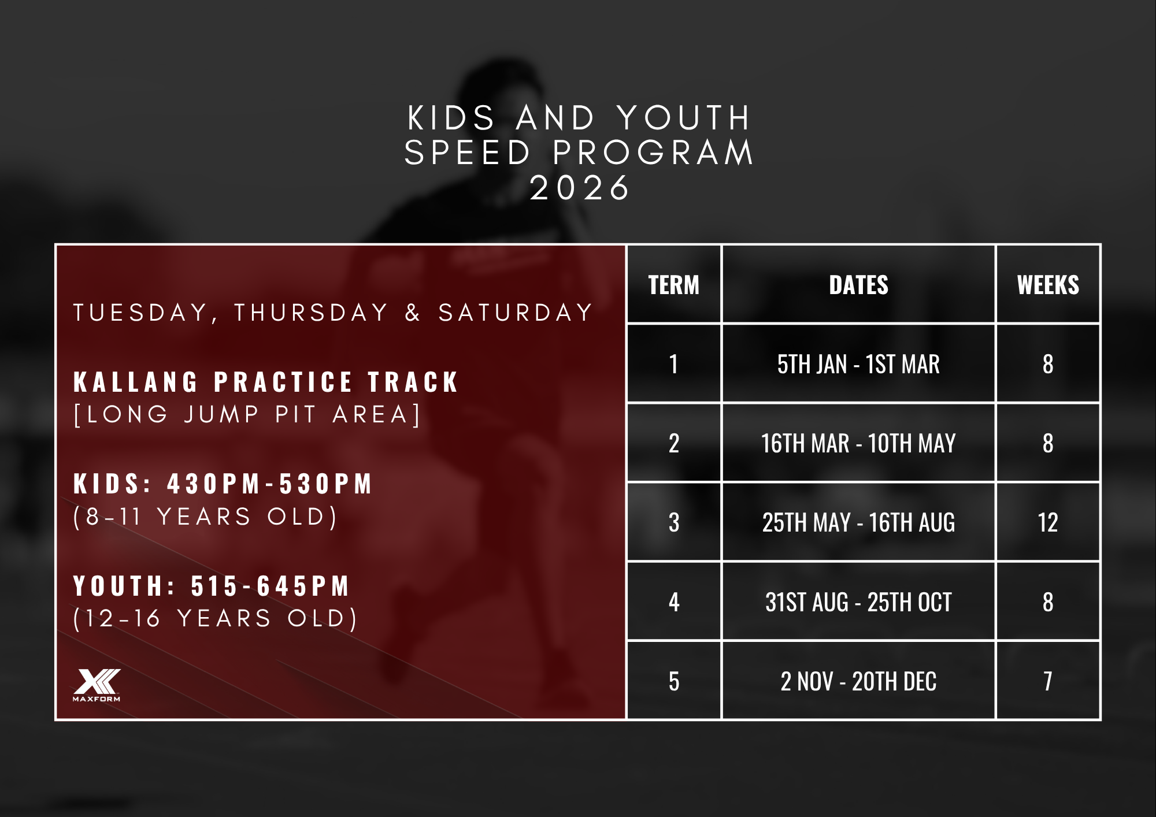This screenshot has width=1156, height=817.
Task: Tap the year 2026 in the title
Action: pos(580,188)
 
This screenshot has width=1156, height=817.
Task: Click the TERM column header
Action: pos(674,285)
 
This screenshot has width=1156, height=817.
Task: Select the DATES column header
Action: pos(859,285)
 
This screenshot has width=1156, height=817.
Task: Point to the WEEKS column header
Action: pos(1048,285)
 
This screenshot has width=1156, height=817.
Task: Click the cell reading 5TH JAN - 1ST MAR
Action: pos(859,364)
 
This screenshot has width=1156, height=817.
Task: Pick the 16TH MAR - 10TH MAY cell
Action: pos(859,443)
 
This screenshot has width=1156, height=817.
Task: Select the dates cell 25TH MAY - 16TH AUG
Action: pos(859,522)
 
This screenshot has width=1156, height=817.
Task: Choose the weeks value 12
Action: pos(1048,522)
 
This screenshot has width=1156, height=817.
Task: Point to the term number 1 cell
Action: pos(674,364)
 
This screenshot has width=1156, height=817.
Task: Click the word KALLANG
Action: pos(136,382)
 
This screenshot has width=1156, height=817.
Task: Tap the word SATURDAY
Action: pos(516,313)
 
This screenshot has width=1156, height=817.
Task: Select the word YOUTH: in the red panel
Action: pos(125,586)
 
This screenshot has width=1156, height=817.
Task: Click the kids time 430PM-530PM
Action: pos(269,484)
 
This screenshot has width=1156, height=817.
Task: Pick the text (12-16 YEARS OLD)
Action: pos(216,619)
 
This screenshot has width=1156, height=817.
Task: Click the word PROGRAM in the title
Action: pos(653,153)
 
